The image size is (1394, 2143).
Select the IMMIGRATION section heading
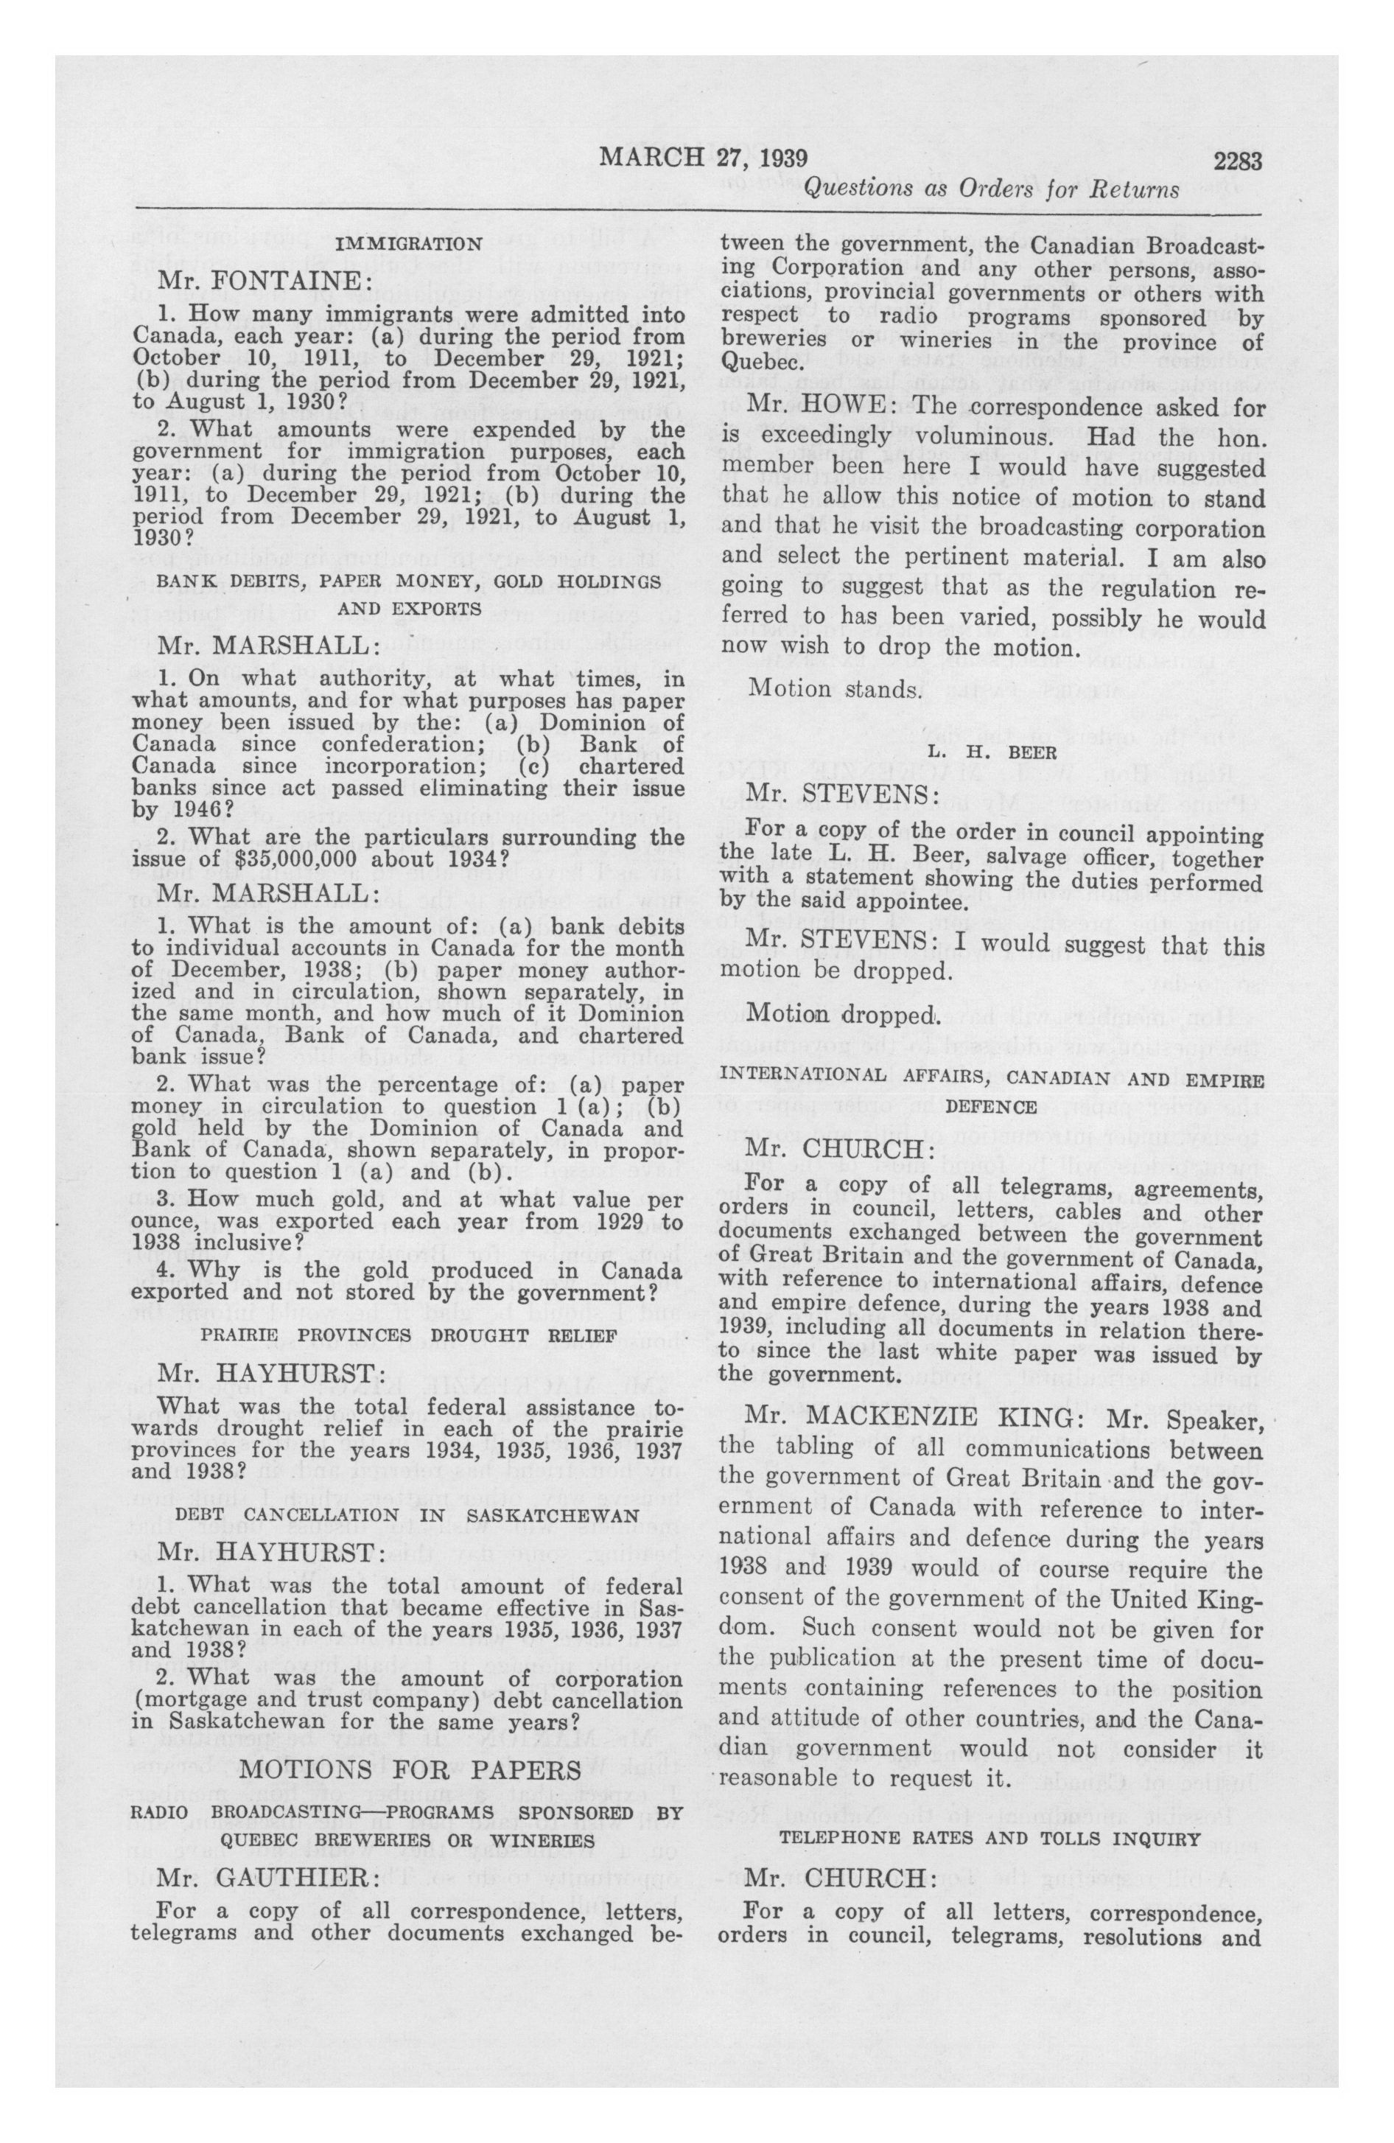408,244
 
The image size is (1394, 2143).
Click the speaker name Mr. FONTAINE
260,282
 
